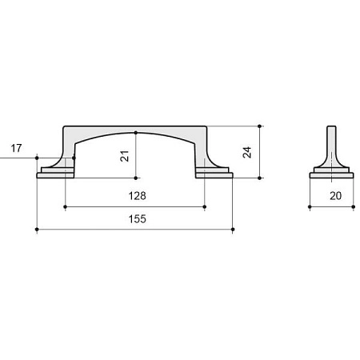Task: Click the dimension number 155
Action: click(x=138, y=219)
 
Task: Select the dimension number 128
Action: click(x=138, y=196)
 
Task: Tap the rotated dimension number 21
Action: click(x=125, y=156)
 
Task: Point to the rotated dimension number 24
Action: click(x=247, y=152)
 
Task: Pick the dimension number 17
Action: click(x=16, y=148)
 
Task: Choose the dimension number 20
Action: click(x=335, y=196)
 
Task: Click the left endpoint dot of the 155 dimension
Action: click(x=37, y=230)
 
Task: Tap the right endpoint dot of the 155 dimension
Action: click(x=233, y=230)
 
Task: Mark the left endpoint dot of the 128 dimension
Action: click(x=66, y=206)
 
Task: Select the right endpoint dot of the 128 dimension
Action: click(x=205, y=206)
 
